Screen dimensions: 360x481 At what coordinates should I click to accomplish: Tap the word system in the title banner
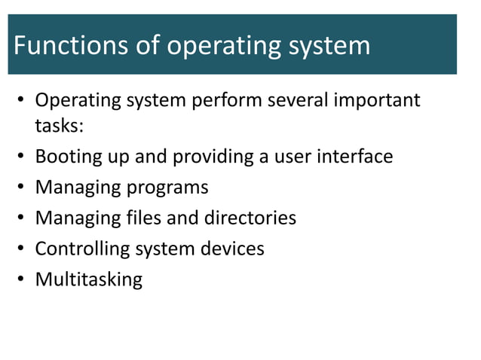pyautogui.click(x=327, y=47)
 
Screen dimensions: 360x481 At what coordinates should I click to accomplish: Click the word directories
pyautogui.click(x=250, y=218)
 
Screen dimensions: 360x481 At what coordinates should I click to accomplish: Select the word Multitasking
pyautogui.click(x=89, y=280)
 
